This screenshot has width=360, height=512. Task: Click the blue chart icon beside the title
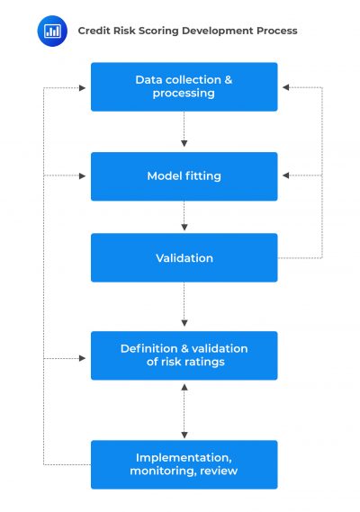[x=52, y=31]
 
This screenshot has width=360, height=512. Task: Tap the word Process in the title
[x=276, y=31]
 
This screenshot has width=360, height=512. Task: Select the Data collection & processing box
[x=184, y=86]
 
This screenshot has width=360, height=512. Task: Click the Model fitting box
[x=184, y=176]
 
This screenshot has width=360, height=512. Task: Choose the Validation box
[x=184, y=258]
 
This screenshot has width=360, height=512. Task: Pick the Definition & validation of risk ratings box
[x=184, y=355]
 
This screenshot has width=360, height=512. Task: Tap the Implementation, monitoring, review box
[x=184, y=463]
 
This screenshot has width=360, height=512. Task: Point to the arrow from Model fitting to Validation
[x=184, y=217]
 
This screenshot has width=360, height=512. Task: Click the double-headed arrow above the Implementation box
[x=184, y=409]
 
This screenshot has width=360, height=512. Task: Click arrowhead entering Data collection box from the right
[x=284, y=87]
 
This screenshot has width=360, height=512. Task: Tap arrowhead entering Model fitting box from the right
[x=284, y=176]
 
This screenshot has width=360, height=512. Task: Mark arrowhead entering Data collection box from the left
[x=84, y=87]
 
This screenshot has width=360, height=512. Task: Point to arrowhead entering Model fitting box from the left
[x=84, y=176]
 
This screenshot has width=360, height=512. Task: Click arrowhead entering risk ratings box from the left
[x=84, y=358]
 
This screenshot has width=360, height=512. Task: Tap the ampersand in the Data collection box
[x=228, y=80]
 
